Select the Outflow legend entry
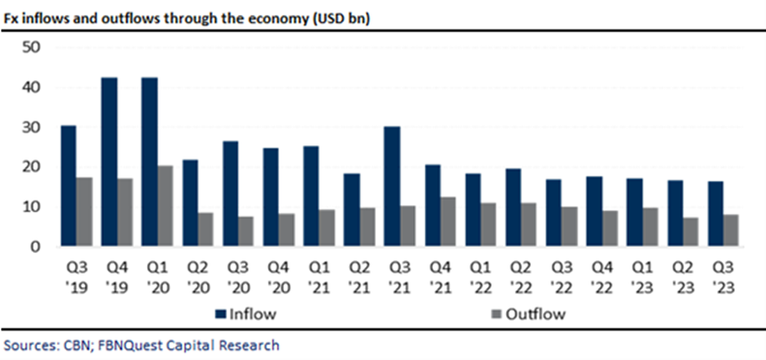[x=526, y=313]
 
